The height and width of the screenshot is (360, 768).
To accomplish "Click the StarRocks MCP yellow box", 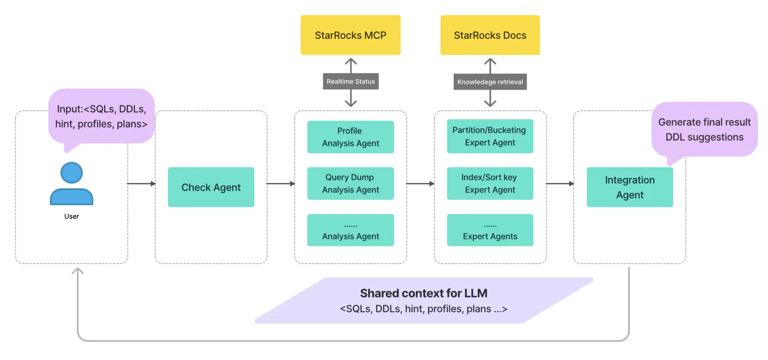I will (x=351, y=35).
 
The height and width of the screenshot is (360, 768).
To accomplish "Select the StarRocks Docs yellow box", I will (x=490, y=35).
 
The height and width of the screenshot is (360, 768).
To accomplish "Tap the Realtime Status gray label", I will (x=351, y=81).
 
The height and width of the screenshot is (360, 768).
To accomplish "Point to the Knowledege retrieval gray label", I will (x=490, y=82).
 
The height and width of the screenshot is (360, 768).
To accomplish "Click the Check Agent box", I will (x=211, y=187).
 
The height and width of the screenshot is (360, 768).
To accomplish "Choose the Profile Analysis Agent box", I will (x=351, y=137).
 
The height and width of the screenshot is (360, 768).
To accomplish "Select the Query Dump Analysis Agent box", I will (x=351, y=184).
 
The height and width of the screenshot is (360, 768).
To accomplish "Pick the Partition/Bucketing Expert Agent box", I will (x=490, y=137).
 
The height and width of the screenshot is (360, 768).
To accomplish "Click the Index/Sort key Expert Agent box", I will (x=490, y=184).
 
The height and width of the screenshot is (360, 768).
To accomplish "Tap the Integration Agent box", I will (x=630, y=187).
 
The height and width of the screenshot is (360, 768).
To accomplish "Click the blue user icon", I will (x=71, y=184).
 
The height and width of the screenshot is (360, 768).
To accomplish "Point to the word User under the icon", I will (x=71, y=216).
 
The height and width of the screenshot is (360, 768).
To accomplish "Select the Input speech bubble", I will (x=101, y=116).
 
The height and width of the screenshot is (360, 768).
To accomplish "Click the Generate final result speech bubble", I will (x=704, y=130).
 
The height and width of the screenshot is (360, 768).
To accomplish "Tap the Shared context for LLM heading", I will (x=424, y=294).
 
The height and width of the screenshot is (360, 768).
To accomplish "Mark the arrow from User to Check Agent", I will (x=142, y=184).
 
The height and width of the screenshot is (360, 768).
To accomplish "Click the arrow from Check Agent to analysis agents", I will (x=281, y=184).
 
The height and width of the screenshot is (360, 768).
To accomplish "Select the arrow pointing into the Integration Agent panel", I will (x=560, y=184).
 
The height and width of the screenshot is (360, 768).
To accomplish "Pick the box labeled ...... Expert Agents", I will (x=490, y=230).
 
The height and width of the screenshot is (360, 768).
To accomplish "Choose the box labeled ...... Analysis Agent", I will (x=351, y=230).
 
